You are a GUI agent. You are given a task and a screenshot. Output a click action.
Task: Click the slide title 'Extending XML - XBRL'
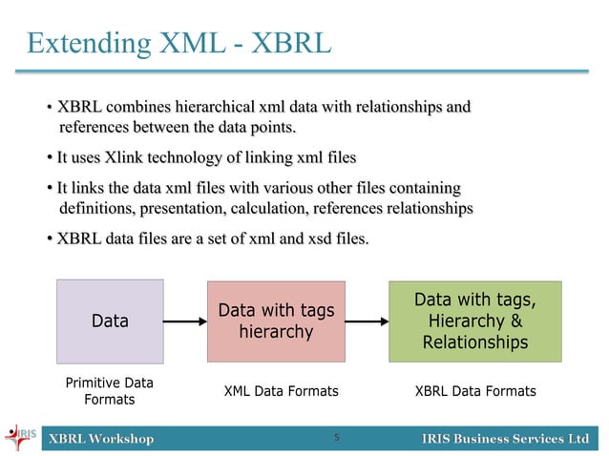[178, 42]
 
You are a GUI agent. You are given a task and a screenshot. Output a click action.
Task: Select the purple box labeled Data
[110, 321]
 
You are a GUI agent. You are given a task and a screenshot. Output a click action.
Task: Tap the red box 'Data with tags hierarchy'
[276, 321]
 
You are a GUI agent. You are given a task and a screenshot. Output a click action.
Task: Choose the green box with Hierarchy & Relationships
[474, 321]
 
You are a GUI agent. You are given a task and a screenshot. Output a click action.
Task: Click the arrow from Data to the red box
[185, 321]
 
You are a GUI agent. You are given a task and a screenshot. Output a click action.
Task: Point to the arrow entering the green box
[367, 321]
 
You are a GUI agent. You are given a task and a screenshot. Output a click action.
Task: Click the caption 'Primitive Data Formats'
[109, 391]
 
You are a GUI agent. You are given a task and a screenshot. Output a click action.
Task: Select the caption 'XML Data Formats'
[281, 391]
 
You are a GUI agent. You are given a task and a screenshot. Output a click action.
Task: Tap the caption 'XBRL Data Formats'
[475, 391]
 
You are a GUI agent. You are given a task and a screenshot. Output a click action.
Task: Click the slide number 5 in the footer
[337, 438]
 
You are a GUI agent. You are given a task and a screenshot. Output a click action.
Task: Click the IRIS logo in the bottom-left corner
[20, 438]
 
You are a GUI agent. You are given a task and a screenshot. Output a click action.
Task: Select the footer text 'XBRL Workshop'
[101, 439]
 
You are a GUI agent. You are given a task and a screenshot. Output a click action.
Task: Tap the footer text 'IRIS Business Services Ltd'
[505, 439]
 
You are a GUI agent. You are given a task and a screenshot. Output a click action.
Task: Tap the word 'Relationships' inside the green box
[474, 342]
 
